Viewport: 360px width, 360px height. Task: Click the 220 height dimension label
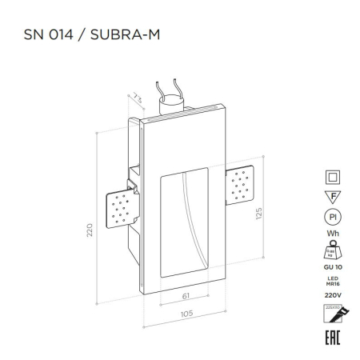[90, 230]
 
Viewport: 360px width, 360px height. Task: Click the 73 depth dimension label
[137, 98]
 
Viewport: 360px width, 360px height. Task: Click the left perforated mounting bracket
[118, 208]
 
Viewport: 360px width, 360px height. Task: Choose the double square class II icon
[330, 178]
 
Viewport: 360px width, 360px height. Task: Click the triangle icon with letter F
[330, 197]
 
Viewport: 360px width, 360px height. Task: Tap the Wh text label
[330, 234]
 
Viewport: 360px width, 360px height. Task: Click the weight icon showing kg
[330, 250]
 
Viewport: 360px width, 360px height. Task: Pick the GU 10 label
[330, 266]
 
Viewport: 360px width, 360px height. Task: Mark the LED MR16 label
[330, 282]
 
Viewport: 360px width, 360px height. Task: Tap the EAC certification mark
[330, 337]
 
